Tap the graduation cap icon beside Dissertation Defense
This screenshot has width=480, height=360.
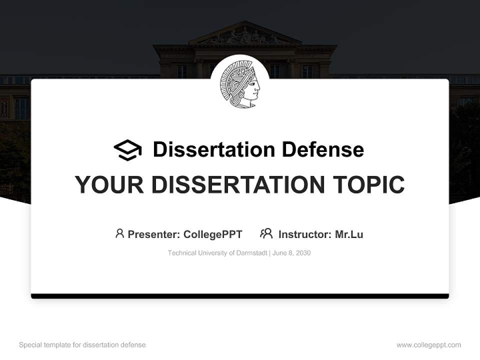click(x=127, y=149)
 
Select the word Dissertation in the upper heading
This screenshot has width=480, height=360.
click(x=213, y=149)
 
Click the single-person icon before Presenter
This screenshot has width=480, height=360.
click(x=119, y=233)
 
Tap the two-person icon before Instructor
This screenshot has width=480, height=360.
click(x=266, y=233)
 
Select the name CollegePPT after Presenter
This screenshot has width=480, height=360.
click(x=213, y=234)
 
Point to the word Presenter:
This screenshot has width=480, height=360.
click(x=154, y=234)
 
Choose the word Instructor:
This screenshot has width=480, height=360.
click(x=304, y=234)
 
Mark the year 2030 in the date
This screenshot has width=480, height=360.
click(x=303, y=253)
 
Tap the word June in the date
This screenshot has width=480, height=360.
click(x=280, y=253)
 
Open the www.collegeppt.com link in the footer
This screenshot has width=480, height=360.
click(x=428, y=345)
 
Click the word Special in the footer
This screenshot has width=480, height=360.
click(x=30, y=345)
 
